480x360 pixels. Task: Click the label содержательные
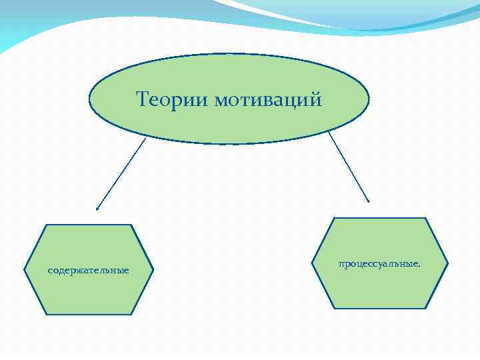[x=89, y=271]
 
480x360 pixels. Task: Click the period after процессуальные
[x=419, y=265]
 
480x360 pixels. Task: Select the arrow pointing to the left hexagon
[x=121, y=173]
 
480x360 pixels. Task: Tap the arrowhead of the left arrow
[x=97, y=209]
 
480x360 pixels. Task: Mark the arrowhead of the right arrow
[x=368, y=201]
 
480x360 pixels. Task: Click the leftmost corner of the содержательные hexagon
[x=24, y=270]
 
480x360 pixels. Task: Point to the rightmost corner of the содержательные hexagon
[x=153, y=270]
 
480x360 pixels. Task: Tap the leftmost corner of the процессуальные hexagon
[x=314, y=263]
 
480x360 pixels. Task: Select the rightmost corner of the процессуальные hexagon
[x=447, y=263]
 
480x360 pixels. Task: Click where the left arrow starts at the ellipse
[x=145, y=138]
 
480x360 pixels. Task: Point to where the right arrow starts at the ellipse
[x=329, y=132]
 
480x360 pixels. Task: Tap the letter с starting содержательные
[x=50, y=271]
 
